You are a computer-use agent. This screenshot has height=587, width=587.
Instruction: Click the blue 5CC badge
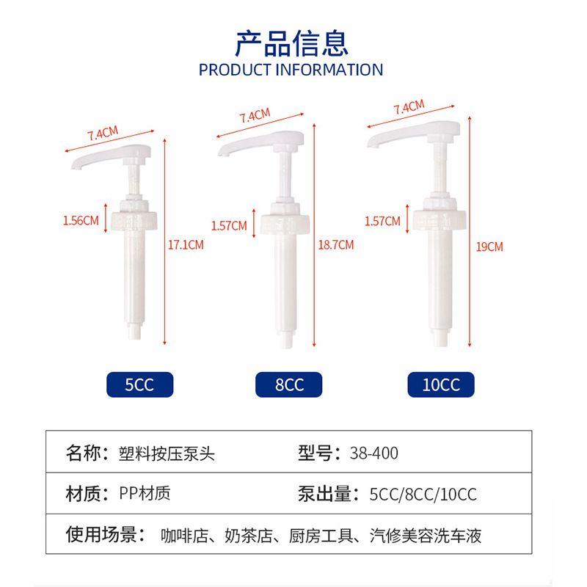139,384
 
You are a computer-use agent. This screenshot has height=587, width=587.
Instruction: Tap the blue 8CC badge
288,384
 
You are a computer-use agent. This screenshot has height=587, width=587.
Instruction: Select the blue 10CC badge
441,384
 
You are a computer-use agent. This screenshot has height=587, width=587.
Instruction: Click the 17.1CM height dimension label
186,245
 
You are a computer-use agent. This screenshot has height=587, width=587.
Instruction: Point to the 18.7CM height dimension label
336,245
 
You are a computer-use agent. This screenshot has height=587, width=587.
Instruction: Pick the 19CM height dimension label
489,247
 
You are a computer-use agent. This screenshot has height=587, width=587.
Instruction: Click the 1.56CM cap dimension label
81,221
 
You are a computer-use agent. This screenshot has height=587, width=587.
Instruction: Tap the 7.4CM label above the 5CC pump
103,133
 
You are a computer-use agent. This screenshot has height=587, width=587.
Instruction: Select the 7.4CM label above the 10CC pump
409,106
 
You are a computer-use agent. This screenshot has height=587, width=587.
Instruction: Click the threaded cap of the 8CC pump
285,224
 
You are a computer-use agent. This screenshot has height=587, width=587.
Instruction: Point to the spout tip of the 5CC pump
76,166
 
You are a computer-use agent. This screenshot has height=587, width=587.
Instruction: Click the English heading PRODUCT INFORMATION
291,70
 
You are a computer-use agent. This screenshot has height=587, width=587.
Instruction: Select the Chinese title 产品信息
291,43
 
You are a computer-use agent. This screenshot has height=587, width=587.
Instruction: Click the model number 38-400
374,453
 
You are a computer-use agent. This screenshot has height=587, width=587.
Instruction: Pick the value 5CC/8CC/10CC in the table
423,494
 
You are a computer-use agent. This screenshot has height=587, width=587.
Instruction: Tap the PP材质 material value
145,493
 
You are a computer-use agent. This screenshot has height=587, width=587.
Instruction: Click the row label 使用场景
101,534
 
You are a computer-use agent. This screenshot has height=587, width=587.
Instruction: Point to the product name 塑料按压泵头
167,453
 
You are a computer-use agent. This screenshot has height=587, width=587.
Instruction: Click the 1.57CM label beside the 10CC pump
382,222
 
